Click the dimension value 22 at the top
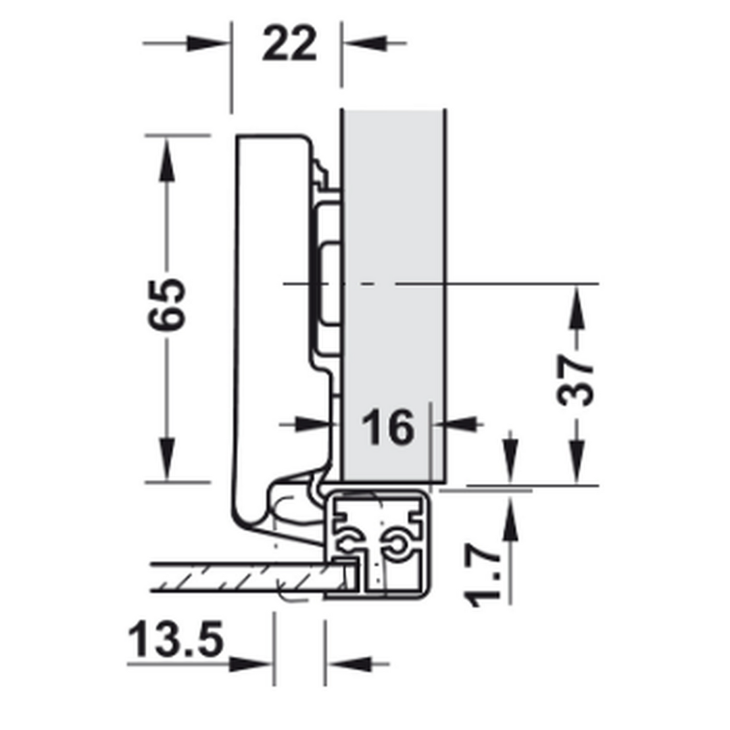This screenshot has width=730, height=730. (289, 43)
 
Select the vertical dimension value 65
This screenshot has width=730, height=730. (167, 304)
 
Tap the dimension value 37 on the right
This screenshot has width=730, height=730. (575, 380)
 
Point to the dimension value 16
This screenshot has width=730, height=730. (387, 427)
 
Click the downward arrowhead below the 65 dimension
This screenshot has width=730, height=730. (167, 458)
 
